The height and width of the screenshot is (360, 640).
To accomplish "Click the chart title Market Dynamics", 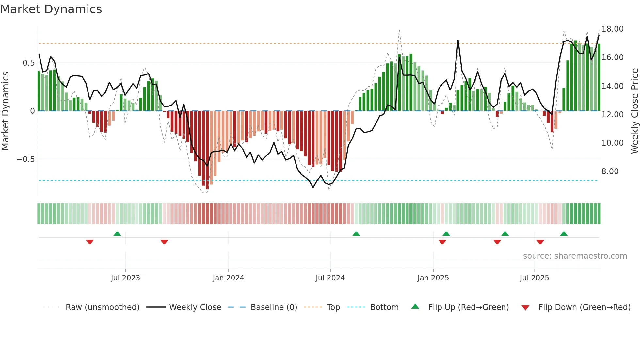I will click(51, 9).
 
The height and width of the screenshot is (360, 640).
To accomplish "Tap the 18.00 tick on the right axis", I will click(612, 29).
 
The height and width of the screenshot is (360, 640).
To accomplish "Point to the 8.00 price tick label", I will click(610, 172).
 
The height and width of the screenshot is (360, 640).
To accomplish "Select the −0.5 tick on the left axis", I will click(26, 159).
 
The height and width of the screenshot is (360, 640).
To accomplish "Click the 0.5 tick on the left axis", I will click(28, 63).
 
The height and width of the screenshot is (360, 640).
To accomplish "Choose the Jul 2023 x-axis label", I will click(125, 278).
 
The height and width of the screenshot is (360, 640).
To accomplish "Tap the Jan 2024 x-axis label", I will click(228, 278).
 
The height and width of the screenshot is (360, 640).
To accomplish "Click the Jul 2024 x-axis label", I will click(330, 278).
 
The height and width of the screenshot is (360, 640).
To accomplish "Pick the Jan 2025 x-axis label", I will click(433, 278).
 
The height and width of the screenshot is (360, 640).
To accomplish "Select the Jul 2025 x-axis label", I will click(534, 278).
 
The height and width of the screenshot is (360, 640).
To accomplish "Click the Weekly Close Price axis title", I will click(634, 111).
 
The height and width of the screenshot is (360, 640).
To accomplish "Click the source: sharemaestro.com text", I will click(575, 256).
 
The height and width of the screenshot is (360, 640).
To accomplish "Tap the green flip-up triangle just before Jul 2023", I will click(117, 234).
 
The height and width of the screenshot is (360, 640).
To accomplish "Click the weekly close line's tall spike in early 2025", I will click(458, 41).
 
